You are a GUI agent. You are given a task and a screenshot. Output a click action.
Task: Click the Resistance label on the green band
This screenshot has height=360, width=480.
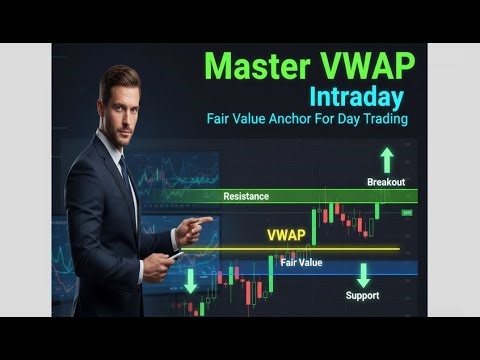tap(246, 196)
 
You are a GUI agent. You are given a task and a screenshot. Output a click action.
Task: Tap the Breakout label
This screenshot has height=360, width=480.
tap(385, 182)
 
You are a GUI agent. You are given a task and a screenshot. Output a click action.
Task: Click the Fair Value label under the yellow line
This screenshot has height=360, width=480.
tap(300, 262)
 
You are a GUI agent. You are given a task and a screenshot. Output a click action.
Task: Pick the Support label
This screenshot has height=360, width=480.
tap(362, 295)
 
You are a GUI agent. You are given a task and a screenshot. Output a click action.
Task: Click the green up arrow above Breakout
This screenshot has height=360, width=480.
tap(387, 159)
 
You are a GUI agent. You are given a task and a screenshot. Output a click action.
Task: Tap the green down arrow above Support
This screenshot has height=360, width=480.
tap(363, 275)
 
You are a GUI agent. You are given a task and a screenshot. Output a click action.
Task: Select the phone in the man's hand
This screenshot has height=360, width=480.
tap(176, 255)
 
